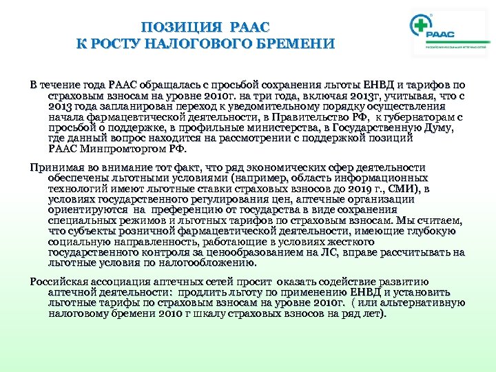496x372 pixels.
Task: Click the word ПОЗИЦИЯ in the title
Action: click(181, 28)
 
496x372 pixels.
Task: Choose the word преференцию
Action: click(205, 210)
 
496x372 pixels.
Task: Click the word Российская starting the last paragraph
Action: click(61, 282)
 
